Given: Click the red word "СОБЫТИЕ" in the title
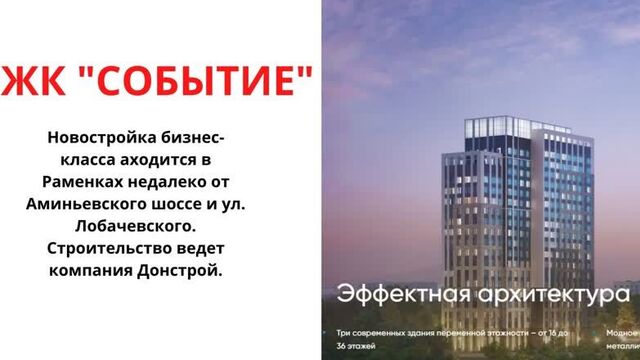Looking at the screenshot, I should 199,81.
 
